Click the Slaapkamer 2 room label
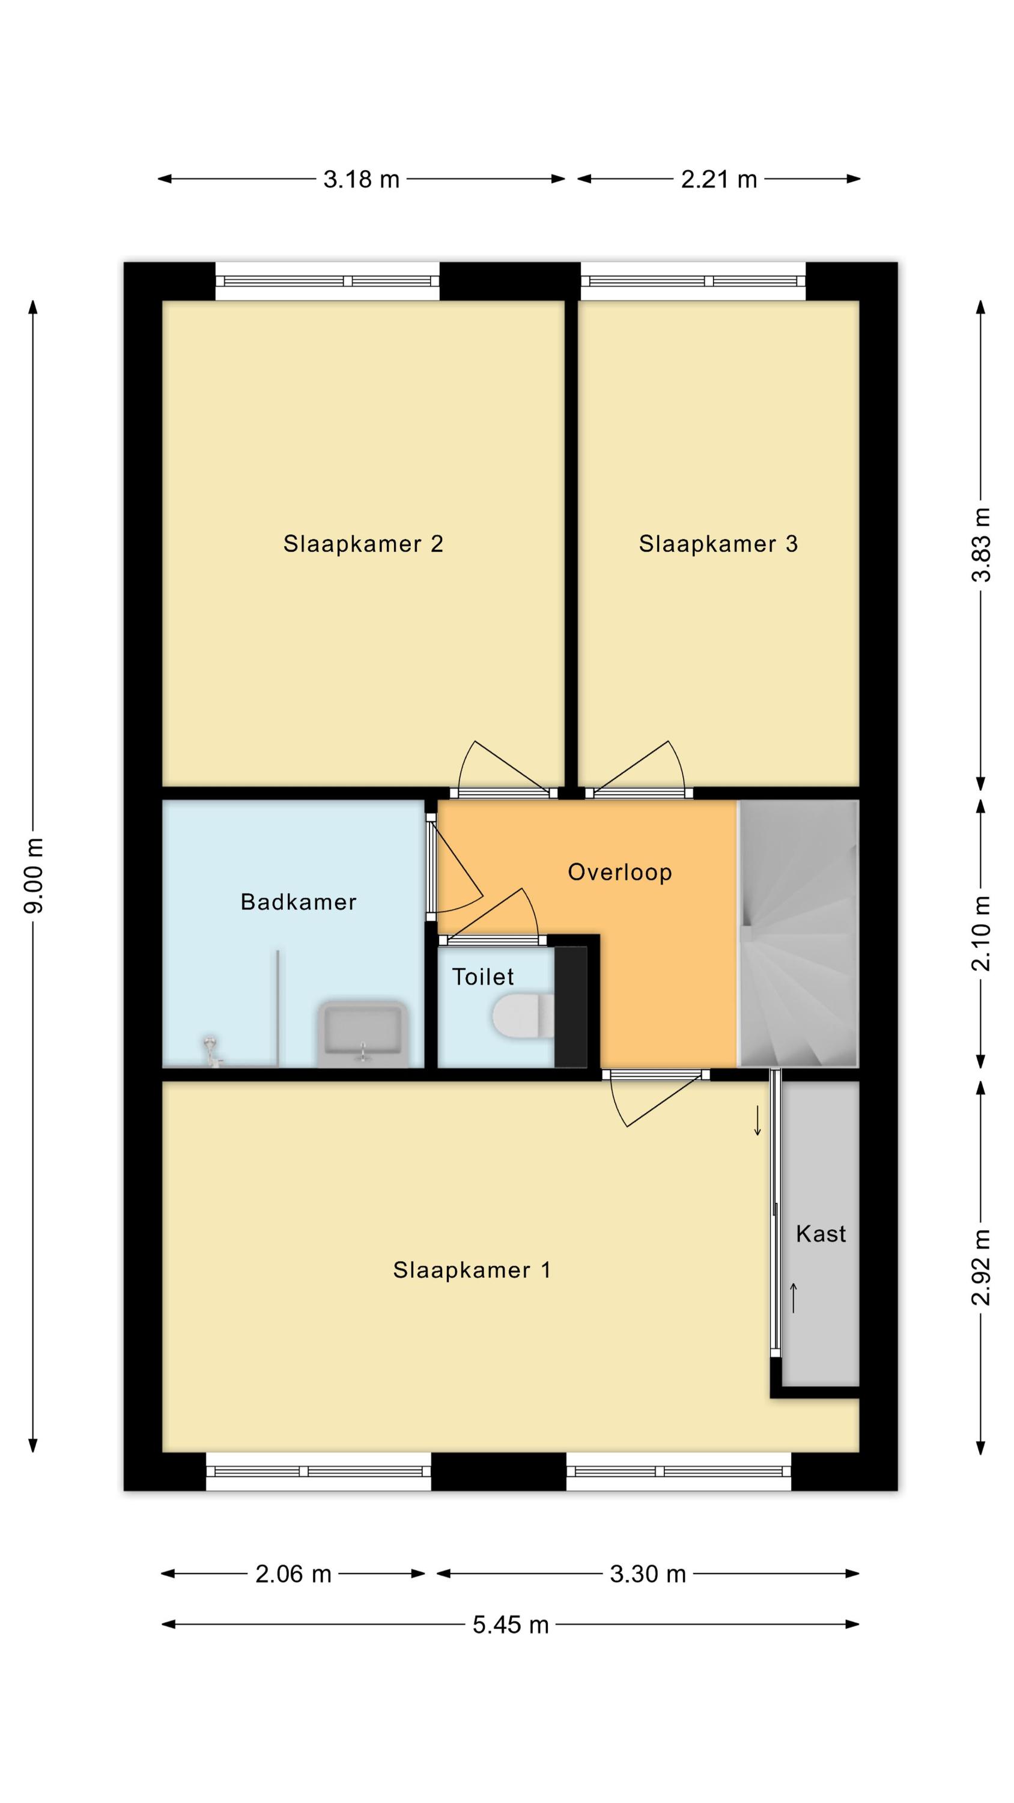[363, 544]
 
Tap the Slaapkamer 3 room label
[718, 544]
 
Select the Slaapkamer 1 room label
[472, 1270]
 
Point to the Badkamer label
[298, 901]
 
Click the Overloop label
[619, 872]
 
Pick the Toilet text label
[483, 977]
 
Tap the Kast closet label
[821, 1233]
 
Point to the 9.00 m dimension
[33, 875]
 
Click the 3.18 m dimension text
[361, 179]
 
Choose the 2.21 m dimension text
[718, 179]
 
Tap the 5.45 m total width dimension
[510, 1624]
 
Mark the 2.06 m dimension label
[293, 1573]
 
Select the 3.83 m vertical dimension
[980, 545]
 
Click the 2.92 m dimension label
[980, 1268]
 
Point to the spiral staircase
[798, 934]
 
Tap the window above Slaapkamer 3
[693, 281]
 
